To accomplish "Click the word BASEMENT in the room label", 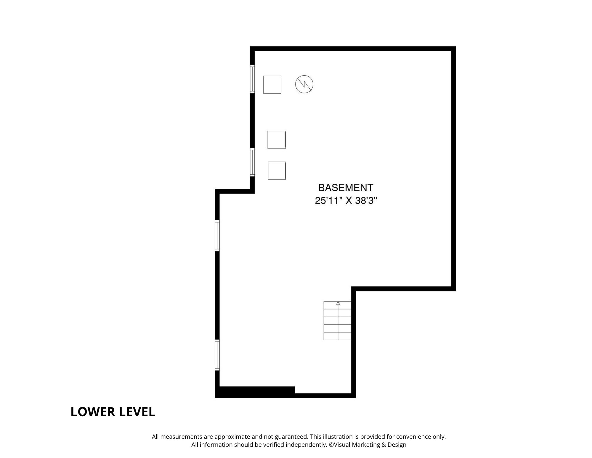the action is pos(346,188).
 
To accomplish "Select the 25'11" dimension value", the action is pos(328,201).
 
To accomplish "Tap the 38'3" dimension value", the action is pos(366,201).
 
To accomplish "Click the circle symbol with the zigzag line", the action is pos(304,84).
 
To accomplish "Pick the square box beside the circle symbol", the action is pos(272,85).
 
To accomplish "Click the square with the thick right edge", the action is pos(277,140).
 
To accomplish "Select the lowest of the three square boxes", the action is pos(277,170).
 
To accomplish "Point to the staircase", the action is pos(337,320).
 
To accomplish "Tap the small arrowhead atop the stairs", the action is pos(338,303).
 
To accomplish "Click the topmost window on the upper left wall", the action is pos(252,79).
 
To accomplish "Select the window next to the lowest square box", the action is pos(252,162).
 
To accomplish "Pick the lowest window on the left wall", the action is pos(217,355).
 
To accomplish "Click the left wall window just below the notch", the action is pos(217,236).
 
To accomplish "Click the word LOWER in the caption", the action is pos(93,412).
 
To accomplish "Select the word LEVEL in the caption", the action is pos(137,412).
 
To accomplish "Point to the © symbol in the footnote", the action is pos(332,445).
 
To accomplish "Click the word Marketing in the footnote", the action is pos(365,445).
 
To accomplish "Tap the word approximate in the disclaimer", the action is pos(232,437).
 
